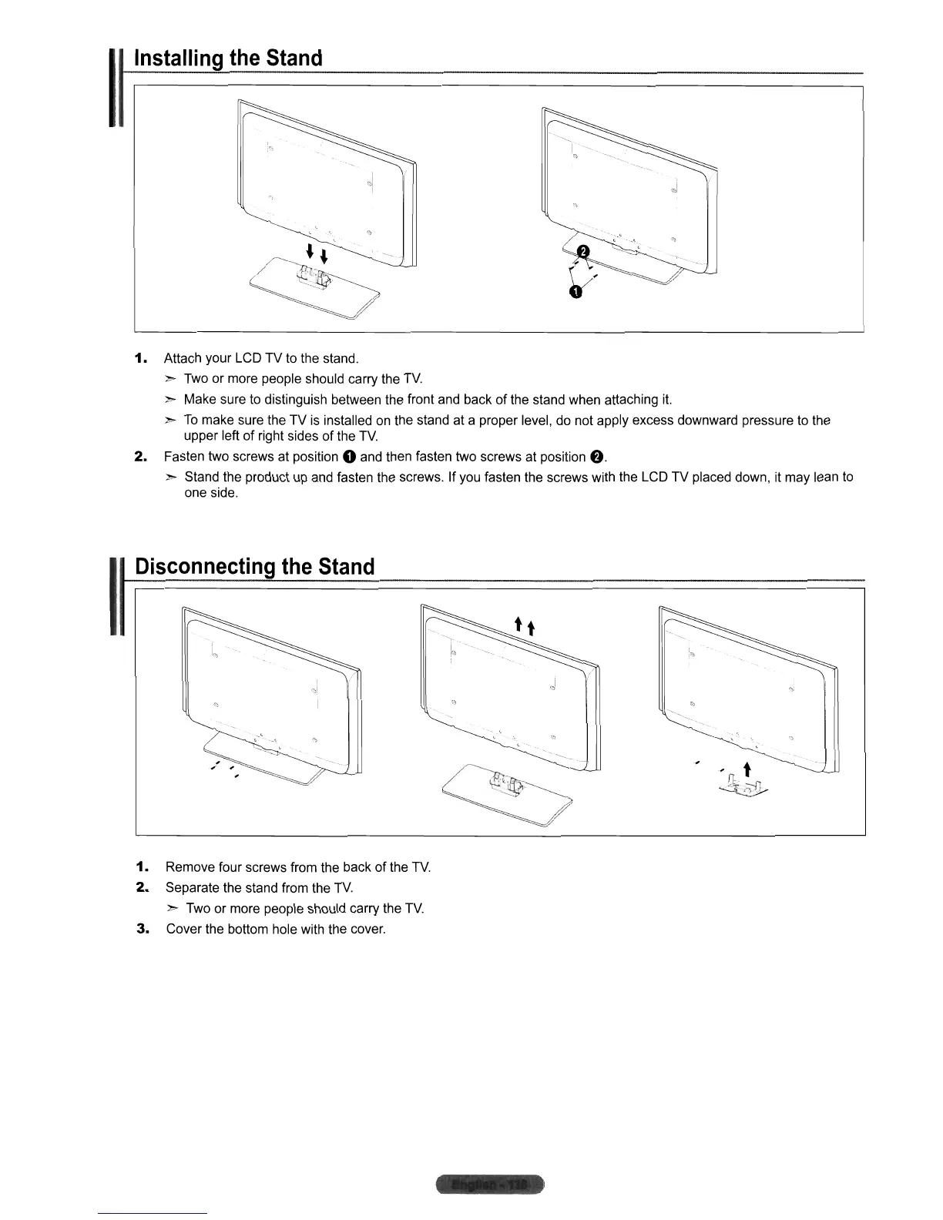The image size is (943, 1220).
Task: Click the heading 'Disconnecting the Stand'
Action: click(254, 567)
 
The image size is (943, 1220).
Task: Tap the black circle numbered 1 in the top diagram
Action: click(575, 291)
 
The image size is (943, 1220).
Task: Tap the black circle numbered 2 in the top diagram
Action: click(583, 251)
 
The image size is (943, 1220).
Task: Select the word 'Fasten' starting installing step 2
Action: click(184, 457)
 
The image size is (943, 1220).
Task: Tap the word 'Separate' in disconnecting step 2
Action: click(192, 888)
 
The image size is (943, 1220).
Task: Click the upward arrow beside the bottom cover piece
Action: click(745, 769)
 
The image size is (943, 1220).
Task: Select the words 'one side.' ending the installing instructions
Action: click(211, 493)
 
